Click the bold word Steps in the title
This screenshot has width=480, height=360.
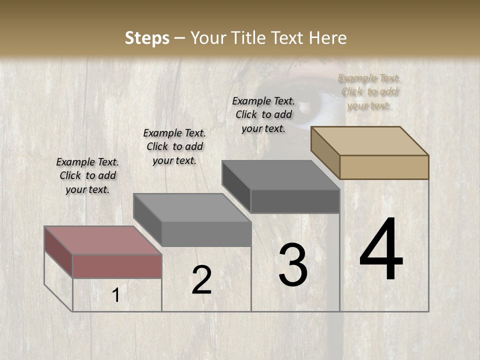[147, 38]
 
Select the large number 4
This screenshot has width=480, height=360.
[381, 250]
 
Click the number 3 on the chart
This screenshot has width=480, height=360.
[292, 265]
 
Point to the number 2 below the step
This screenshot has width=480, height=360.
[201, 280]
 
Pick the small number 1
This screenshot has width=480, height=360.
[116, 295]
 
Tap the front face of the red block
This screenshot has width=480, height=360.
[117, 266]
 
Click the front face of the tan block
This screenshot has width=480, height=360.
[384, 167]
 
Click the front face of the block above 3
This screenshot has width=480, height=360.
[295, 201]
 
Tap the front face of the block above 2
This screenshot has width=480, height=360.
[206, 234]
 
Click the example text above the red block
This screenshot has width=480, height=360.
[87, 176]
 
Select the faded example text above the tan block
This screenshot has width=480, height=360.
[369, 92]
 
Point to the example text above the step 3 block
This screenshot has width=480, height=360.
[263, 115]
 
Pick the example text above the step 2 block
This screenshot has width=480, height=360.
[174, 147]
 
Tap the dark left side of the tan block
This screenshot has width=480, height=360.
[325, 152]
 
